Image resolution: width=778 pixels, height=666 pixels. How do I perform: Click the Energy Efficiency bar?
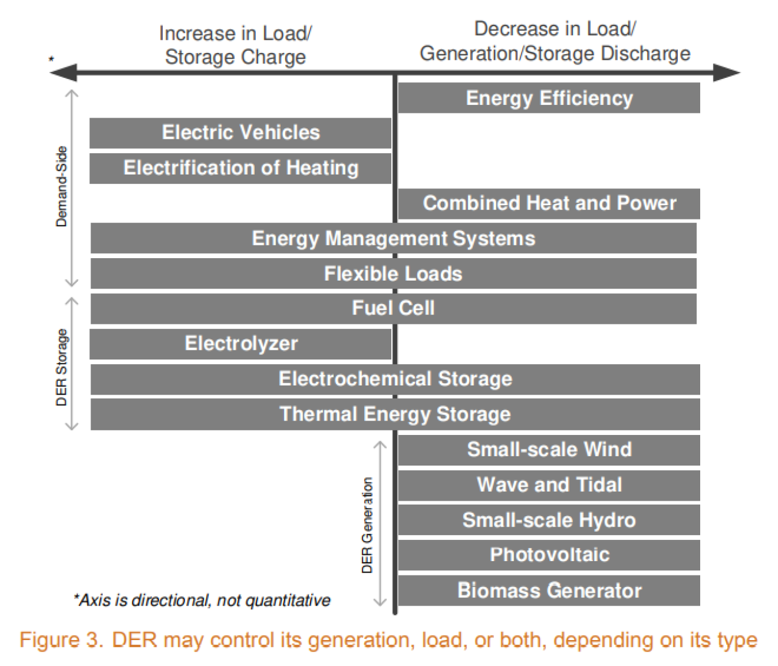[549, 98]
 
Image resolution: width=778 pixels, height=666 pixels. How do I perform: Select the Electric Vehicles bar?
[240, 133]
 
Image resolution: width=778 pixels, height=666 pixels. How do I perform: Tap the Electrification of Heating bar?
[240, 168]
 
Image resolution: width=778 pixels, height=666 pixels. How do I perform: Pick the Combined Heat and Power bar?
[549, 203]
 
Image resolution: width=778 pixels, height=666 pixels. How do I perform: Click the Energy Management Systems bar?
[393, 239]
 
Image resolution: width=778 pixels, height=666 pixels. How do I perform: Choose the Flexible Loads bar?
[393, 274]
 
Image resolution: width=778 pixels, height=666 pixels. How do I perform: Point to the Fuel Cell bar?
[393, 308]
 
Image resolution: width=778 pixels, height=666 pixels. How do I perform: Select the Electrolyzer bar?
[240, 344]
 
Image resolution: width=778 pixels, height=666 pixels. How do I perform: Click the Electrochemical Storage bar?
[395, 379]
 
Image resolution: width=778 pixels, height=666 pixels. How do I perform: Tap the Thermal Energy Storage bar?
[395, 414]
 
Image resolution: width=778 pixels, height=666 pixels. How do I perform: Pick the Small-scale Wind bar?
[549, 449]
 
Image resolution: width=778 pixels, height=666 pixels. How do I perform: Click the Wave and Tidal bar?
[549, 485]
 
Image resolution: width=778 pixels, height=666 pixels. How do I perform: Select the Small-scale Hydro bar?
[549, 520]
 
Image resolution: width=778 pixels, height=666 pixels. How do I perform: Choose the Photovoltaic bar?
[549, 555]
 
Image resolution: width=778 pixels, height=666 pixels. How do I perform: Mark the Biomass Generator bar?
[549, 591]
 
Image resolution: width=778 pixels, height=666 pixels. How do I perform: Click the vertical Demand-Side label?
[62, 187]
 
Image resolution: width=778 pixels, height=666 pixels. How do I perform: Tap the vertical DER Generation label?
[367, 525]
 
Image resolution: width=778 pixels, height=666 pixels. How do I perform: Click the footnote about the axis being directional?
[202, 600]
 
